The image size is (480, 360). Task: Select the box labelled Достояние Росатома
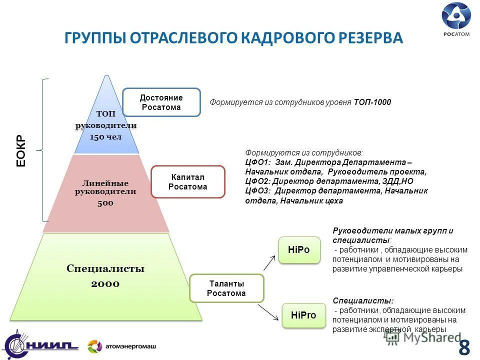tap(161, 102)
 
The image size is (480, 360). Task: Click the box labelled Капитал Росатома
tap(187, 182)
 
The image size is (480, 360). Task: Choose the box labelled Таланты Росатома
tap(227, 288)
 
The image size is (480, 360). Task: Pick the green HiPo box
tap(299, 249)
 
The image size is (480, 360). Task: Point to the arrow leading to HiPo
tap(269, 262)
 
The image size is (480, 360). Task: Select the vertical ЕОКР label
tap(20, 150)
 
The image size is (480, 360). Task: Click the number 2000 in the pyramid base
tap(105, 284)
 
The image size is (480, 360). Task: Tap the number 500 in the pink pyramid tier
tap(105, 203)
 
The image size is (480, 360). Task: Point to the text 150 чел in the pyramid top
tap(105, 136)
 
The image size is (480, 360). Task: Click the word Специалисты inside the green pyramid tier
tap(105, 269)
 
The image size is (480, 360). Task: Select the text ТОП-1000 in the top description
tap(372, 102)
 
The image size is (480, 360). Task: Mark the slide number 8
tap(464, 346)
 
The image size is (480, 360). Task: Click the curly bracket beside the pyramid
tap(44, 150)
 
